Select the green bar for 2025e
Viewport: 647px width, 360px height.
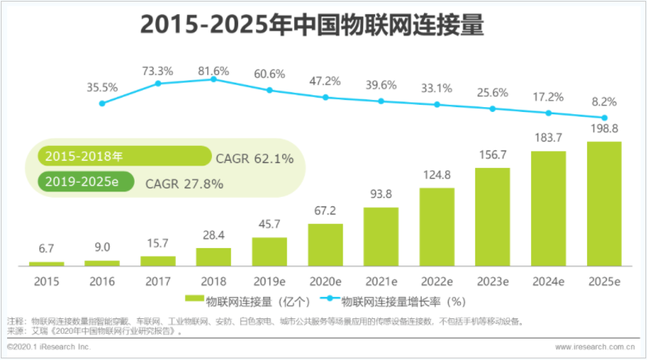click(x=604, y=203)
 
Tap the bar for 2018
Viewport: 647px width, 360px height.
click(x=213, y=257)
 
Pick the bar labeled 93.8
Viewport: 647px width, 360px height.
click(x=381, y=236)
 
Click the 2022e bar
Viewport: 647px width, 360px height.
click(x=437, y=226)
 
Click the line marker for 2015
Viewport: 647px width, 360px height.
click(x=102, y=103)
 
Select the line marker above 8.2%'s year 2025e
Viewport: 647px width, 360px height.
click(x=604, y=116)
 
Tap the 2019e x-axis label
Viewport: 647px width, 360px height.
click(x=269, y=280)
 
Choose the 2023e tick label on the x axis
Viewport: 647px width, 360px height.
click(x=493, y=280)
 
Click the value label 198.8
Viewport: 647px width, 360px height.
click(x=604, y=128)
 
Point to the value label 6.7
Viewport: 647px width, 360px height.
click(x=46, y=250)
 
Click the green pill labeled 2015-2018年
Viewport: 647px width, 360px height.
click(x=123, y=157)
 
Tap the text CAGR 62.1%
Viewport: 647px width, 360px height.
click(x=255, y=158)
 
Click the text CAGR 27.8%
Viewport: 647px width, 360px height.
click(x=184, y=184)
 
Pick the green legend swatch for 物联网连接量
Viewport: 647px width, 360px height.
click(x=194, y=300)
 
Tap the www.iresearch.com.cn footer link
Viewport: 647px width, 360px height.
click(x=595, y=347)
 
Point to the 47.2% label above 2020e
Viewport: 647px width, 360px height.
click(x=325, y=81)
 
